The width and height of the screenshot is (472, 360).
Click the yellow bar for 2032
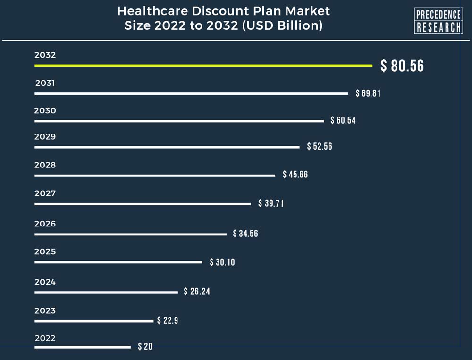203,65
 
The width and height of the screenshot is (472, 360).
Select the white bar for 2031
191,93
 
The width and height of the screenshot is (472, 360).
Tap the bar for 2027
143,204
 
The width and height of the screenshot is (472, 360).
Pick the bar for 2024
106,292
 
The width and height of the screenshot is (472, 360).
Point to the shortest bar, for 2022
83,347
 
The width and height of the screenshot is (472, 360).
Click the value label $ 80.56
402,66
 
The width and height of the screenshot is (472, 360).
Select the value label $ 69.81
368,93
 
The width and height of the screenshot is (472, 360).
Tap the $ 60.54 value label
343,120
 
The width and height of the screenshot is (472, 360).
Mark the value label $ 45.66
295,175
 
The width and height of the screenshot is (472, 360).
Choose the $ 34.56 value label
245,234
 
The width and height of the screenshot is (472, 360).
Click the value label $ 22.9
168,321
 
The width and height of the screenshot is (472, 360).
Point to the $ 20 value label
145,347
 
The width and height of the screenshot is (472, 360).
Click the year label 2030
45,111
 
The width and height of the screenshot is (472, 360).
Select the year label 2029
45,137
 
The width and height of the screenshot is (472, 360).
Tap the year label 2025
45,251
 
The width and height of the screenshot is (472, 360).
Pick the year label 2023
45,310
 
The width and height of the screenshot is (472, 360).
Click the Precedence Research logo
438,21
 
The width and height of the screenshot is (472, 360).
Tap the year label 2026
45,224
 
